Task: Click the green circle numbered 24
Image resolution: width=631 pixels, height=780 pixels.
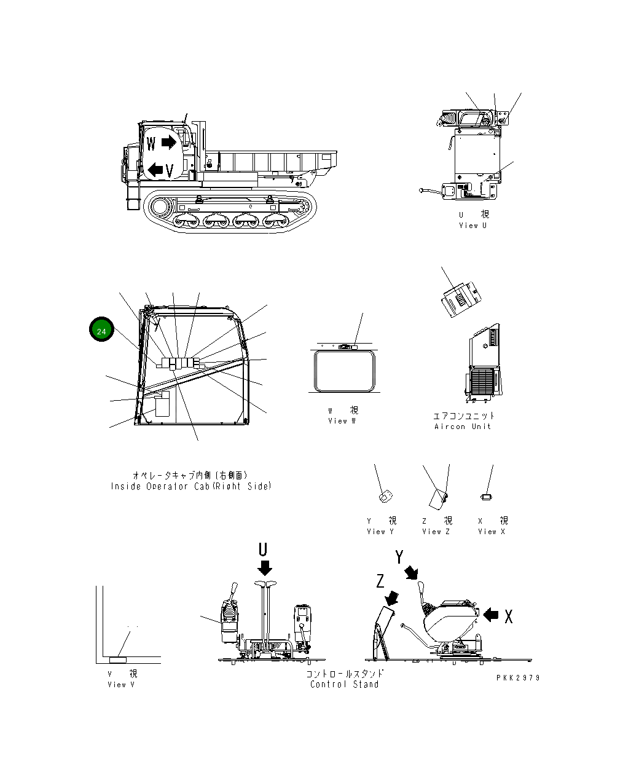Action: tap(101, 331)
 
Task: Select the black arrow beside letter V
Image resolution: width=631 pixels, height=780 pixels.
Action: tap(155, 169)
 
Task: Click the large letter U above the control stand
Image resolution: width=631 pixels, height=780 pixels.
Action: tap(263, 550)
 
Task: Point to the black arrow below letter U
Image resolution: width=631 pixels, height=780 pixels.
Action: tap(265, 567)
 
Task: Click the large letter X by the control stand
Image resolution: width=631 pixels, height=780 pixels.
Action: tap(508, 617)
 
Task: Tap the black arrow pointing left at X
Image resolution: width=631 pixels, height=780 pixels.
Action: tap(491, 614)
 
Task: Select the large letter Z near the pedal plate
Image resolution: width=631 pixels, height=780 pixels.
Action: tap(381, 581)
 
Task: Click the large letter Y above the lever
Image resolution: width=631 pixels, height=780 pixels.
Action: tap(399, 557)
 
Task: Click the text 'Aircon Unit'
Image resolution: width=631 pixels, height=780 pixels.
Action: tap(463, 427)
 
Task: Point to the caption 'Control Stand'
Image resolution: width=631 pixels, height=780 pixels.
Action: tap(344, 685)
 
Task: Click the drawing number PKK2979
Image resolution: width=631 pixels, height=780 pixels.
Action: tap(518, 677)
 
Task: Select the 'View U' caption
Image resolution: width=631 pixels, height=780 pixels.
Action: tap(472, 226)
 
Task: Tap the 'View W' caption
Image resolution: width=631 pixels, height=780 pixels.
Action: tap(342, 421)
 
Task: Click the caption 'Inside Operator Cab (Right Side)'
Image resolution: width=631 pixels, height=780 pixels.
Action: tap(190, 486)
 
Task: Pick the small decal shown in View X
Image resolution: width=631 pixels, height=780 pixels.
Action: tap(486, 496)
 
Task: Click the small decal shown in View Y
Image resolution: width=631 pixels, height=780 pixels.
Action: tap(385, 495)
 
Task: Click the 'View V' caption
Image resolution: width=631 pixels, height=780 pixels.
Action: tap(121, 685)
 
